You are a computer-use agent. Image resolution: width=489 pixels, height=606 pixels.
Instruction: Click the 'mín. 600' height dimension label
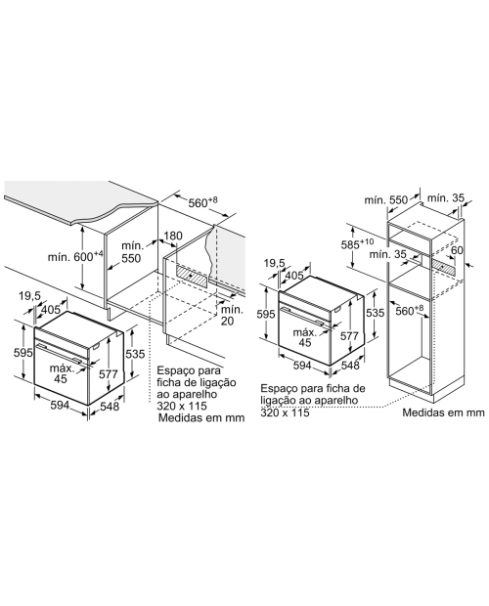tap(75, 256)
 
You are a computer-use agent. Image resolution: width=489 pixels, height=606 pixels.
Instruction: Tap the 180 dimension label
tap(173, 236)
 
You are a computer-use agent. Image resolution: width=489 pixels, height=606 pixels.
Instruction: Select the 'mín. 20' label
tap(232, 316)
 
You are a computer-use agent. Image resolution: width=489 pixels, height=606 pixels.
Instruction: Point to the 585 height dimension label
tap(357, 244)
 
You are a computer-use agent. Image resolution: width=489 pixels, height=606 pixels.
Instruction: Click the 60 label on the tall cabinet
tap(457, 250)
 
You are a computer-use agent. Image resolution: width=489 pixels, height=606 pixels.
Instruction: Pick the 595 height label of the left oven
tap(22, 353)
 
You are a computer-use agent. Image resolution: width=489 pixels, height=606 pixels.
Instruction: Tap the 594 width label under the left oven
tap(60, 405)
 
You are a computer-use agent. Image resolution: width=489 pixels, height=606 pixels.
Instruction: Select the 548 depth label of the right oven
tap(350, 366)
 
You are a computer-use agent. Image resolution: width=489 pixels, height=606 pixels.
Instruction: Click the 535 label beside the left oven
tap(135, 354)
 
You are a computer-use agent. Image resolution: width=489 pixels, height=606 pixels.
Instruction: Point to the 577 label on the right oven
tap(349, 336)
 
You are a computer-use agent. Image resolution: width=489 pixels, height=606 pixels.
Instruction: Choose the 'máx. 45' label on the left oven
tap(62, 373)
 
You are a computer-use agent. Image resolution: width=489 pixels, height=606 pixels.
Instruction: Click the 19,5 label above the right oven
tap(275, 264)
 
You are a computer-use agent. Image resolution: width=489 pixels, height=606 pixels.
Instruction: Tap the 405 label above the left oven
tap(51, 309)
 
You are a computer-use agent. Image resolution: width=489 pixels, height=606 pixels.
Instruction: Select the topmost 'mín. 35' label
tap(445, 197)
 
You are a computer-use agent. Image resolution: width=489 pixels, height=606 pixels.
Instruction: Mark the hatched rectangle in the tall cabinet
tap(445, 266)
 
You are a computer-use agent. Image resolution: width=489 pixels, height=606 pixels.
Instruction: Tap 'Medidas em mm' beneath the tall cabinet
tap(443, 412)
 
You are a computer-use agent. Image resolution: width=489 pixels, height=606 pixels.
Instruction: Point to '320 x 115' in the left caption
tap(182, 406)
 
